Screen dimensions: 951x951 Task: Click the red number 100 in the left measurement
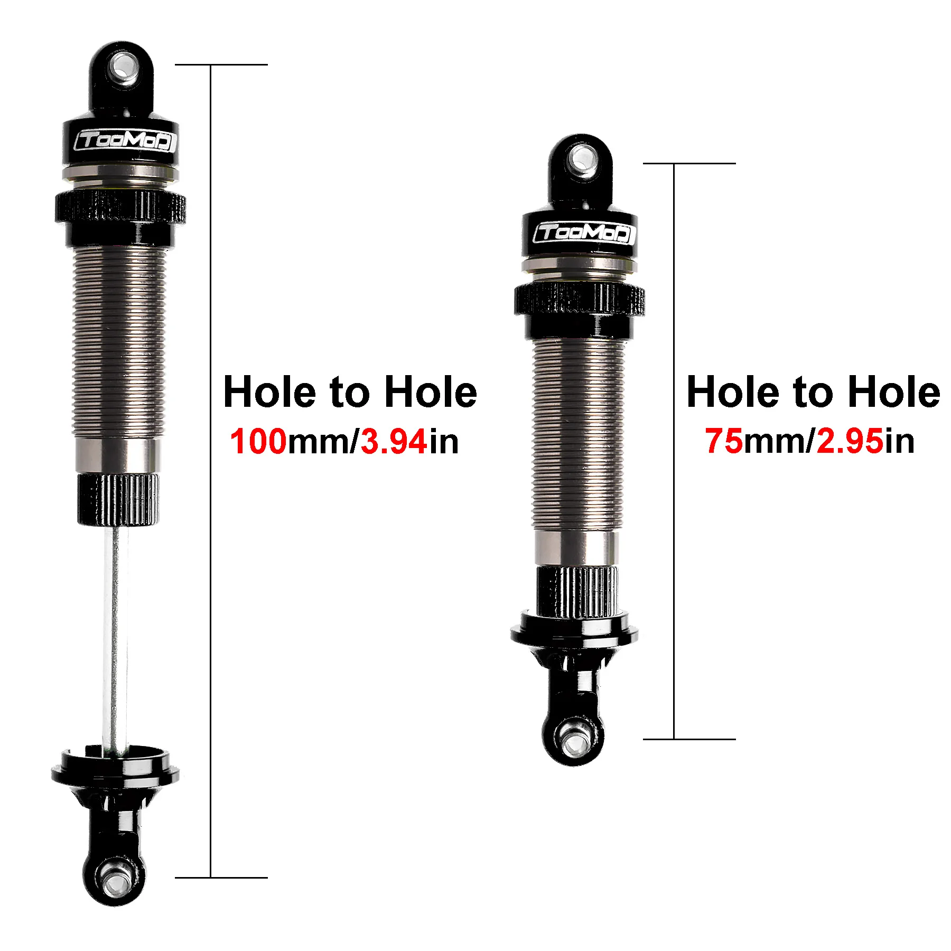click(258, 442)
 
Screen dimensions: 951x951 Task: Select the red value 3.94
click(394, 442)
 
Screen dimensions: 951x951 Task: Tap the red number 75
click(724, 441)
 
